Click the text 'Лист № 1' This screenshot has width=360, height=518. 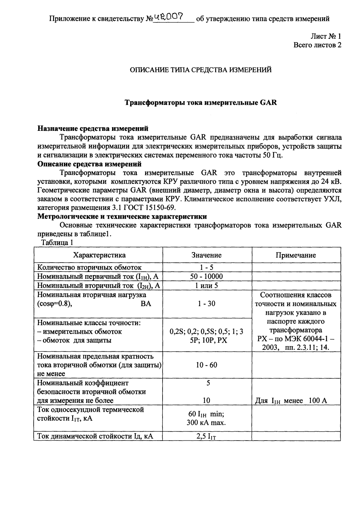[x=324, y=37]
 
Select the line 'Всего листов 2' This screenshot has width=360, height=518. [x=317, y=45]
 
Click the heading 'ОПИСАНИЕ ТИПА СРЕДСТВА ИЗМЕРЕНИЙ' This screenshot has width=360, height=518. [x=201, y=70]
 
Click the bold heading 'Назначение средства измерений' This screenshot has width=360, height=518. [x=93, y=128]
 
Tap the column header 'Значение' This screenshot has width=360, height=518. [x=206, y=255]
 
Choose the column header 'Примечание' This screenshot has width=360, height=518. [x=296, y=255]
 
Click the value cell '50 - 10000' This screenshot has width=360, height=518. [x=206, y=276]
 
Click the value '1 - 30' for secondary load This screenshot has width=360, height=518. [x=206, y=303]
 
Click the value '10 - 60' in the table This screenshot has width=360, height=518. [x=206, y=365]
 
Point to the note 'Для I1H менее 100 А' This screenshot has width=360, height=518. [x=291, y=401]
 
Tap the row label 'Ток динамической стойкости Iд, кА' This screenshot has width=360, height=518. [x=95, y=437]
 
